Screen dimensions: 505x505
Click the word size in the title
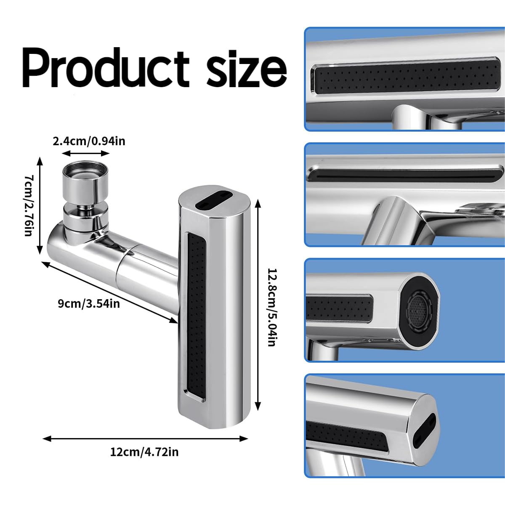246,69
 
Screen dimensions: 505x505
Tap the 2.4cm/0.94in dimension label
89,142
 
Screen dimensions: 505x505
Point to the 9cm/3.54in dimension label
89,304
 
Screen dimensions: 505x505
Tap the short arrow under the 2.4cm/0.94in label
86,153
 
